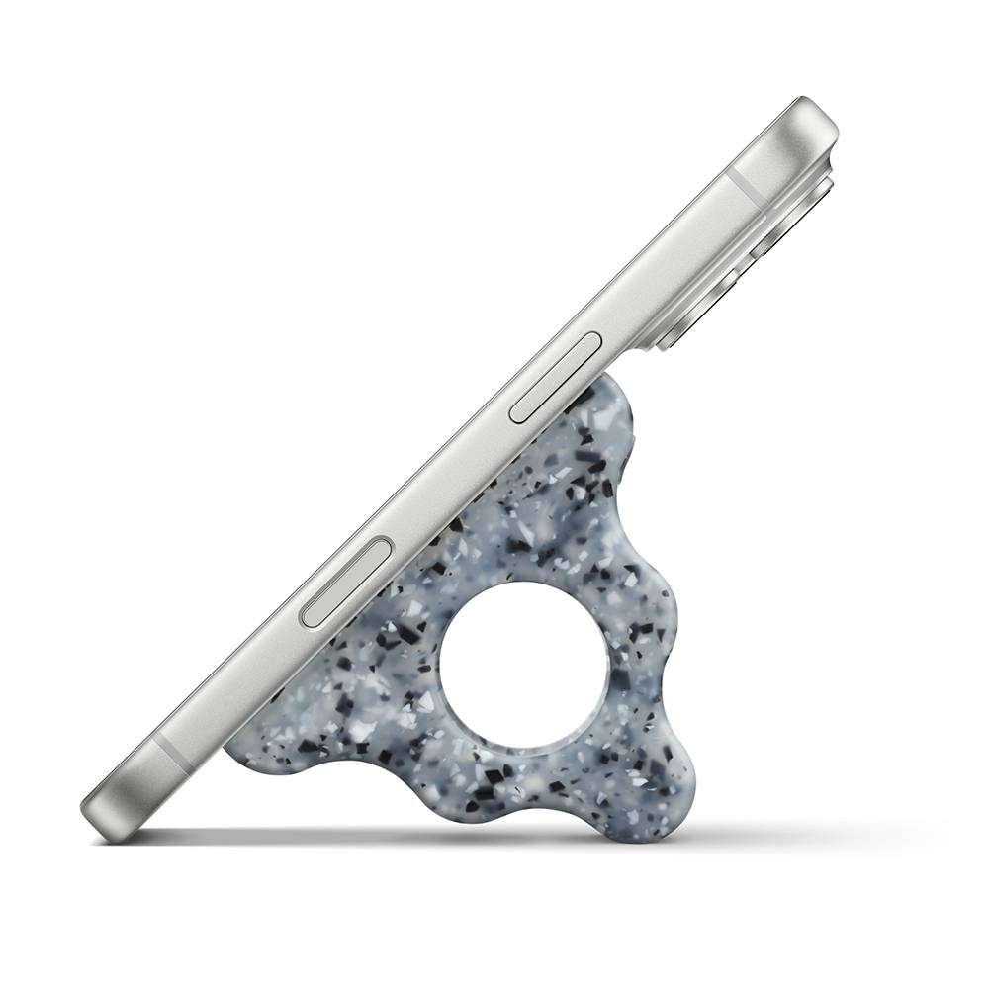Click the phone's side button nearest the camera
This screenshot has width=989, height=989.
pyautogui.click(x=555, y=378)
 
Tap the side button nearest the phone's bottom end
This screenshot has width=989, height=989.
pyautogui.click(x=346, y=583)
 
